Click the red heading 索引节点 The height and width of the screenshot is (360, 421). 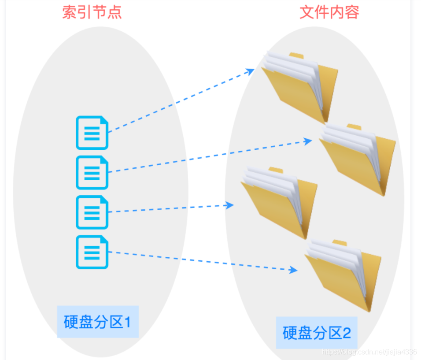pyautogui.click(x=92, y=12)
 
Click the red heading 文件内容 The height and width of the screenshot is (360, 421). pyautogui.click(x=329, y=12)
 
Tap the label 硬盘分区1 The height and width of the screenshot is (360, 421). pyautogui.click(x=97, y=322)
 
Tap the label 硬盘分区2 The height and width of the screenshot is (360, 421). pyautogui.click(x=317, y=333)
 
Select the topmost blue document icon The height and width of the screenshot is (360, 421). pyautogui.click(x=92, y=133)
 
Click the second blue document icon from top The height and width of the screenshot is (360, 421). pyautogui.click(x=92, y=172)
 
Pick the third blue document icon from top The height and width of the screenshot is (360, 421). pyautogui.click(x=92, y=212)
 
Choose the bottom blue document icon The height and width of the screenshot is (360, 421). pyautogui.click(x=92, y=252)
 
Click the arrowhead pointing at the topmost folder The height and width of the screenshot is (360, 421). pyautogui.click(x=251, y=71)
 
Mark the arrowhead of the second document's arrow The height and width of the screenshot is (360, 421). pyautogui.click(x=308, y=141)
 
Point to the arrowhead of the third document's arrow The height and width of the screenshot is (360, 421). pyautogui.click(x=229, y=205)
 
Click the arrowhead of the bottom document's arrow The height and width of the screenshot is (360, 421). pyautogui.click(x=294, y=270)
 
